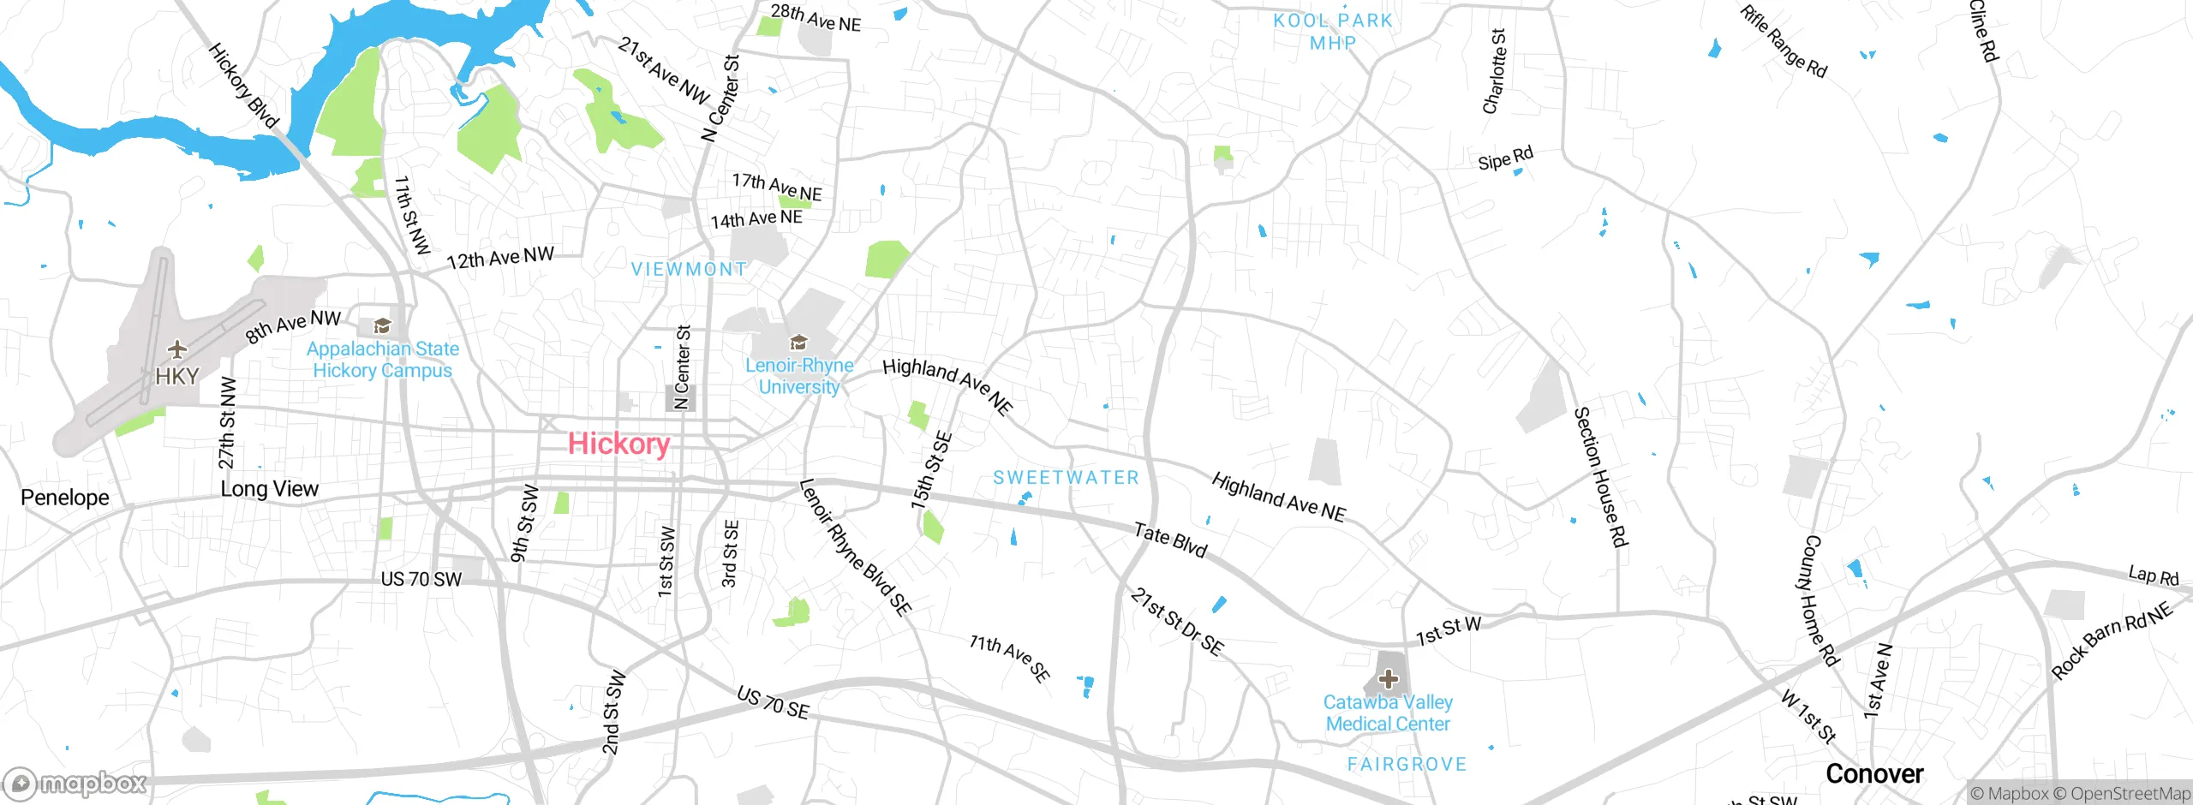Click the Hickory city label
point(618,444)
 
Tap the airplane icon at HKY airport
point(176,349)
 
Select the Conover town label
point(1874,774)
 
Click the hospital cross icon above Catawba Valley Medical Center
point(1389,680)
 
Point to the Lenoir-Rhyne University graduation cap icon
point(798,343)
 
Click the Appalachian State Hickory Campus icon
point(382,325)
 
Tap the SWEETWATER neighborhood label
point(1066,478)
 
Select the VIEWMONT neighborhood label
point(689,269)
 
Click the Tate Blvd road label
point(1170,540)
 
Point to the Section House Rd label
point(1600,476)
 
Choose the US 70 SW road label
point(421,580)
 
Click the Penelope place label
point(65,498)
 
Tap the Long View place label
point(269,489)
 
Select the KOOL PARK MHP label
point(1333,32)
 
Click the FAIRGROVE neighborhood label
point(1407,764)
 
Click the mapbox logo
point(75,783)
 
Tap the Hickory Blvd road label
point(243,86)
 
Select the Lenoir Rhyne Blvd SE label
point(854,547)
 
